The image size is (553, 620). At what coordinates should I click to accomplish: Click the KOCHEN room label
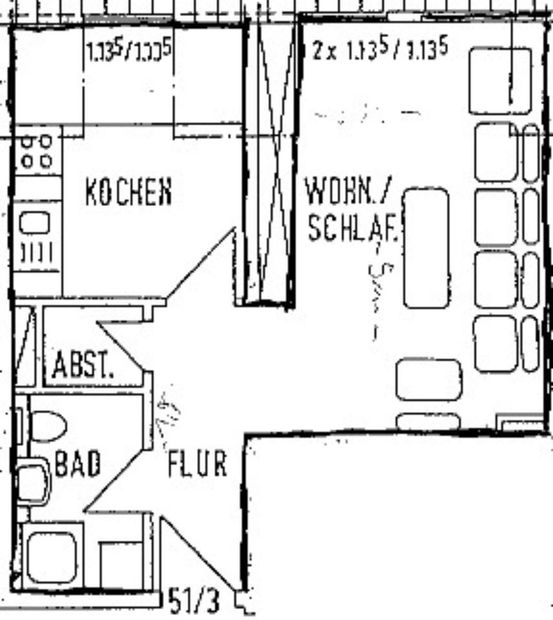[129, 192]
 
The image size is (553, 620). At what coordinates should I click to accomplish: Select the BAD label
[78, 464]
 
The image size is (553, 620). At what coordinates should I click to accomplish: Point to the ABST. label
[83, 366]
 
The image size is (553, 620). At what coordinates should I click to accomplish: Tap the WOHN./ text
[348, 192]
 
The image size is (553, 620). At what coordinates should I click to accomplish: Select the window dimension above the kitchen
[129, 50]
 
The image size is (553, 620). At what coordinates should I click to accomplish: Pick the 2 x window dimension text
[379, 50]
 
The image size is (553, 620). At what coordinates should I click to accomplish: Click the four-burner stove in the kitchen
[36, 151]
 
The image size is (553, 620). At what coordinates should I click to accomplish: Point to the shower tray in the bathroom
[52, 555]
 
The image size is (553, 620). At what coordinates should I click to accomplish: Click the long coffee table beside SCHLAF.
[426, 247]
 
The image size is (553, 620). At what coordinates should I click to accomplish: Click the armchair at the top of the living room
[499, 81]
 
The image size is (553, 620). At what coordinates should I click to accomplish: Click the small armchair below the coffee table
[428, 380]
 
